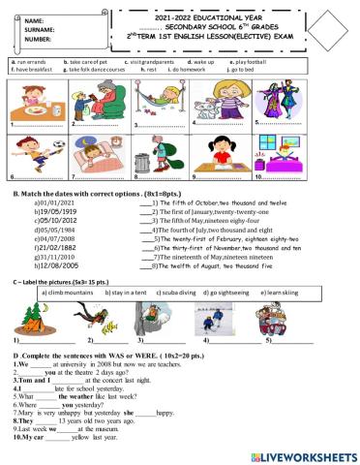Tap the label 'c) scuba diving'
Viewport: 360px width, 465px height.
click(155, 290)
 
